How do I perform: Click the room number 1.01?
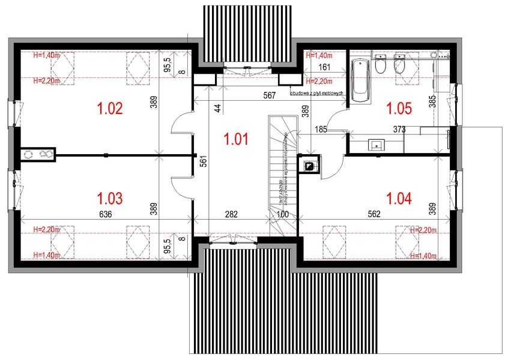pyautogui.click(x=235, y=139)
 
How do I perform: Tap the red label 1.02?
pyautogui.click(x=109, y=109)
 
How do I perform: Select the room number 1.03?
pyautogui.click(x=109, y=197)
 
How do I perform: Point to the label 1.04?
pyautogui.click(x=399, y=197)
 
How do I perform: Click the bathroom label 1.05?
pyautogui.click(x=399, y=109)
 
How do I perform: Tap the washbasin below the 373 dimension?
pyautogui.click(x=376, y=144)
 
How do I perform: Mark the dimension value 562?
pyautogui.click(x=375, y=214)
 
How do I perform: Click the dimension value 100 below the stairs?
pyautogui.click(x=282, y=214)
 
